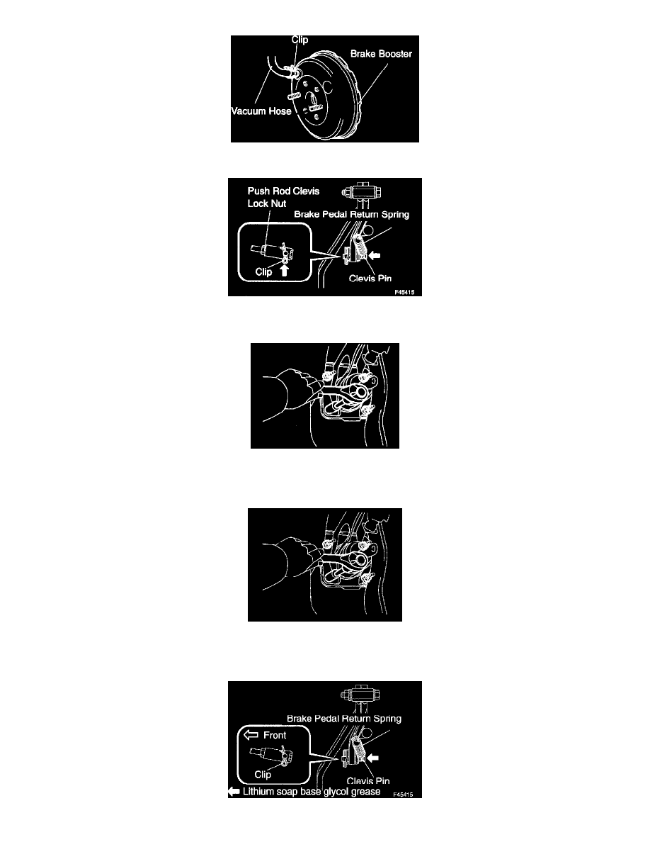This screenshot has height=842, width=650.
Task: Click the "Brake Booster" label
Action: click(381, 54)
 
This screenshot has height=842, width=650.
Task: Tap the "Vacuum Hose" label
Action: click(261, 111)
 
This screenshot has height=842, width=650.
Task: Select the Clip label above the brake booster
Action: click(300, 40)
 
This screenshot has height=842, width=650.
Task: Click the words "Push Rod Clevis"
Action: click(283, 191)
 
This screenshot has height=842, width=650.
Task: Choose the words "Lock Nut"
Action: click(266, 203)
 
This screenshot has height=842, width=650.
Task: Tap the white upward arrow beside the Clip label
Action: click(284, 270)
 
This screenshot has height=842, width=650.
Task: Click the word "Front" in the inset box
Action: click(275, 735)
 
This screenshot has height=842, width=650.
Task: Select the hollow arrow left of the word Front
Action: click(251, 735)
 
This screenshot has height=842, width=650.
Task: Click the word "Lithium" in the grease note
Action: click(258, 792)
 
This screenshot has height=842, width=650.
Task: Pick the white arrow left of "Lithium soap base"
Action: click(234, 792)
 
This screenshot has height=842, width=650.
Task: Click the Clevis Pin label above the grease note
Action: click(368, 781)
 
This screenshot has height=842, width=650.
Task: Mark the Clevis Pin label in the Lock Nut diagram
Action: click(370, 278)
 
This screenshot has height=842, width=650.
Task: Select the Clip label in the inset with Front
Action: click(262, 775)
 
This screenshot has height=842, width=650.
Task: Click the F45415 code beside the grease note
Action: click(403, 795)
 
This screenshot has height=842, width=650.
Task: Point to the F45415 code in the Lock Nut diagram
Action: click(404, 293)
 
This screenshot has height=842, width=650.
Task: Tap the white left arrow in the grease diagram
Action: click(372, 758)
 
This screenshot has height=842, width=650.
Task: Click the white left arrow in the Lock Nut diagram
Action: click(375, 256)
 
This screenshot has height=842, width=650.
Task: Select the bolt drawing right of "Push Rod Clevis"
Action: click(362, 191)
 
